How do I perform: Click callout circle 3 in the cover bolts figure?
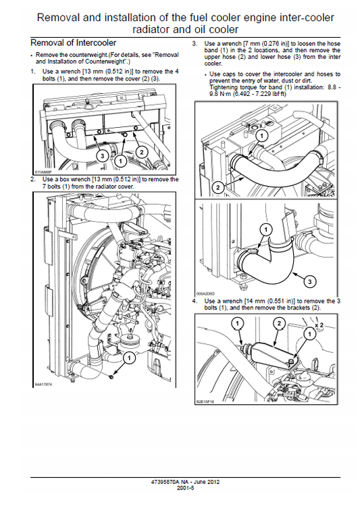point(101,155)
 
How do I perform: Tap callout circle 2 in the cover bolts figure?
point(141,152)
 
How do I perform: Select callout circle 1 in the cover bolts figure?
point(120,161)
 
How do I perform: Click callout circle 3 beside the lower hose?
point(308,279)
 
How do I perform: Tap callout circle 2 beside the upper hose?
point(217,186)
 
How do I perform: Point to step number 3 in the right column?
point(194,43)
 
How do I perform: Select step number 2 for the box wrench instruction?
point(32,179)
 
